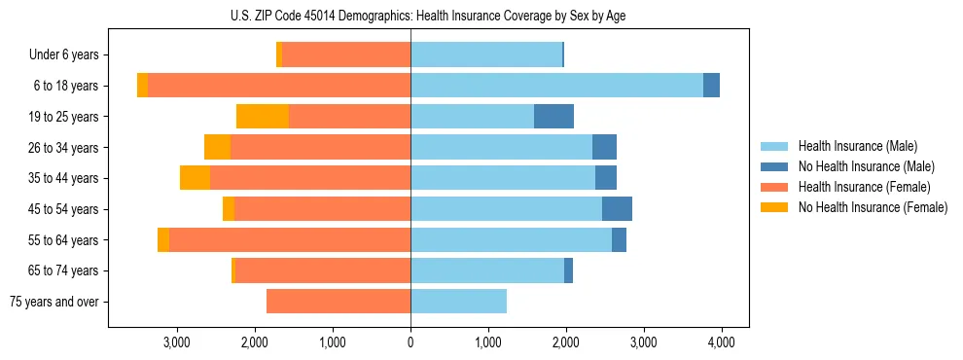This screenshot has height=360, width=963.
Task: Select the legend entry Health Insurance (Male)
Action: (x=857, y=146)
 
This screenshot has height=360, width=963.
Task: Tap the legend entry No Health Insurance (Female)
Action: (x=873, y=207)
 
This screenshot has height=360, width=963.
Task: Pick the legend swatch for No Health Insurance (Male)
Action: (x=775, y=166)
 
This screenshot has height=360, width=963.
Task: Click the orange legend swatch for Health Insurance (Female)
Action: (x=775, y=187)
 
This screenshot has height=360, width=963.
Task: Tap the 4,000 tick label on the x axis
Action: (x=721, y=342)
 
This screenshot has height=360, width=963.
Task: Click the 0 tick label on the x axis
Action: (x=410, y=342)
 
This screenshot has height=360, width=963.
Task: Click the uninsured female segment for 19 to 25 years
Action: (x=263, y=117)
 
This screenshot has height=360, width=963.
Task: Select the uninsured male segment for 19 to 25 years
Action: (x=553, y=117)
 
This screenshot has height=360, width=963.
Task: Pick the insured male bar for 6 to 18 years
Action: (x=556, y=86)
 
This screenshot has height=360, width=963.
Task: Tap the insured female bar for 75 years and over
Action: (x=339, y=302)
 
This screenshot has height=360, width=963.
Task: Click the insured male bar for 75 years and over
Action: (x=458, y=302)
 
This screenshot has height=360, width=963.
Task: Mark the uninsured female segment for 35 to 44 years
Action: (x=195, y=178)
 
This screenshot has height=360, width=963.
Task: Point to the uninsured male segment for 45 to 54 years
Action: (x=617, y=209)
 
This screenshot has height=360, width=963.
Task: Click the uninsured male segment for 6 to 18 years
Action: (x=711, y=86)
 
